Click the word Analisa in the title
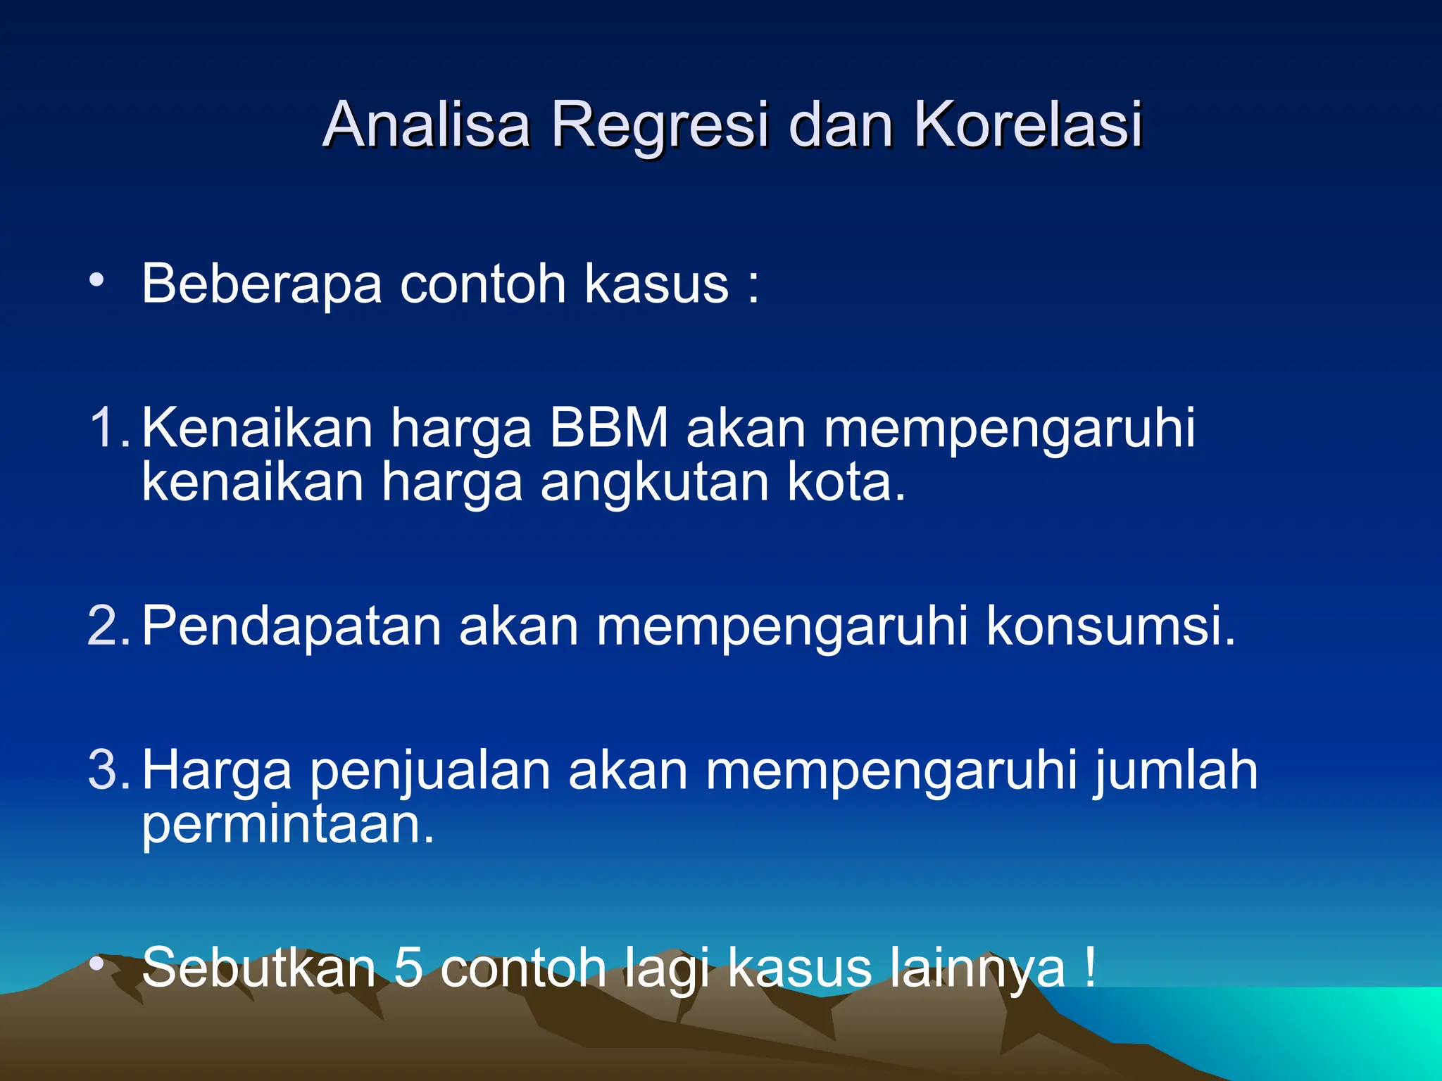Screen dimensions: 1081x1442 click(x=426, y=125)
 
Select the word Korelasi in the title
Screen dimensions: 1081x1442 click(x=1028, y=125)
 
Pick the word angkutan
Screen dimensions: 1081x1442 click(x=655, y=483)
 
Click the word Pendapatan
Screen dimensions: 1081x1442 click(x=291, y=626)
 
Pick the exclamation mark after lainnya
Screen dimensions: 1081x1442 click(x=1089, y=967)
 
